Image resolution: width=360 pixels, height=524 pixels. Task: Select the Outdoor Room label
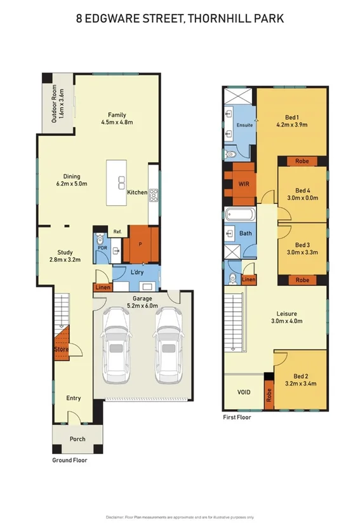point(55,105)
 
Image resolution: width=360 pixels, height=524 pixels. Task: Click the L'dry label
point(137,272)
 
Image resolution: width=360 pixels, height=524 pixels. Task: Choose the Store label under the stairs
point(60,349)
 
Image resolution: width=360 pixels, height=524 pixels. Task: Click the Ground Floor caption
point(69,460)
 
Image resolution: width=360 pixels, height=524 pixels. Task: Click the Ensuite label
point(245,126)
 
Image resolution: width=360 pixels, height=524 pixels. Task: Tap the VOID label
point(243,392)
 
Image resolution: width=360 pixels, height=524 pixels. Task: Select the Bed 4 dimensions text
point(302,198)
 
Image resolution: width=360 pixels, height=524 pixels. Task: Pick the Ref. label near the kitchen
point(117,232)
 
